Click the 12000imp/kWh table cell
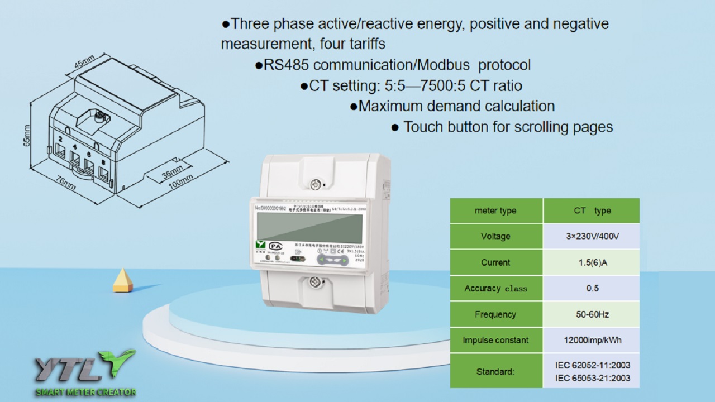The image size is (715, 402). coord(592,340)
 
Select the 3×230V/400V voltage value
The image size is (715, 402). coord(592,236)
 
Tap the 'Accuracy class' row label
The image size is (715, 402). coord(495,289)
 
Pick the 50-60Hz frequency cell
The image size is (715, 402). coord(592,314)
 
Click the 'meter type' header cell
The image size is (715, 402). coord(495,210)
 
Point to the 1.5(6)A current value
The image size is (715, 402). coord(592,262)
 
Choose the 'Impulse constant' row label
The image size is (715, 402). coord(495,340)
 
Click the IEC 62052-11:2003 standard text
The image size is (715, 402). coord(592,365)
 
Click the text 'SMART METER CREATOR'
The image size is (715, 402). coord(85,392)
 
